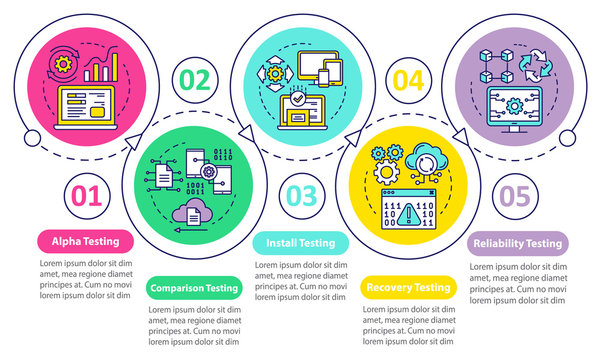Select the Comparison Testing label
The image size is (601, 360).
click(194, 288)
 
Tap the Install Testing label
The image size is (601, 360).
click(300, 241)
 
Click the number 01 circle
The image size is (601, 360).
click(84, 193)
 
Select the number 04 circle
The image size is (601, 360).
click(408, 80)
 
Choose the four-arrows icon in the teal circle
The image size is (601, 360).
click(273, 75)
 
